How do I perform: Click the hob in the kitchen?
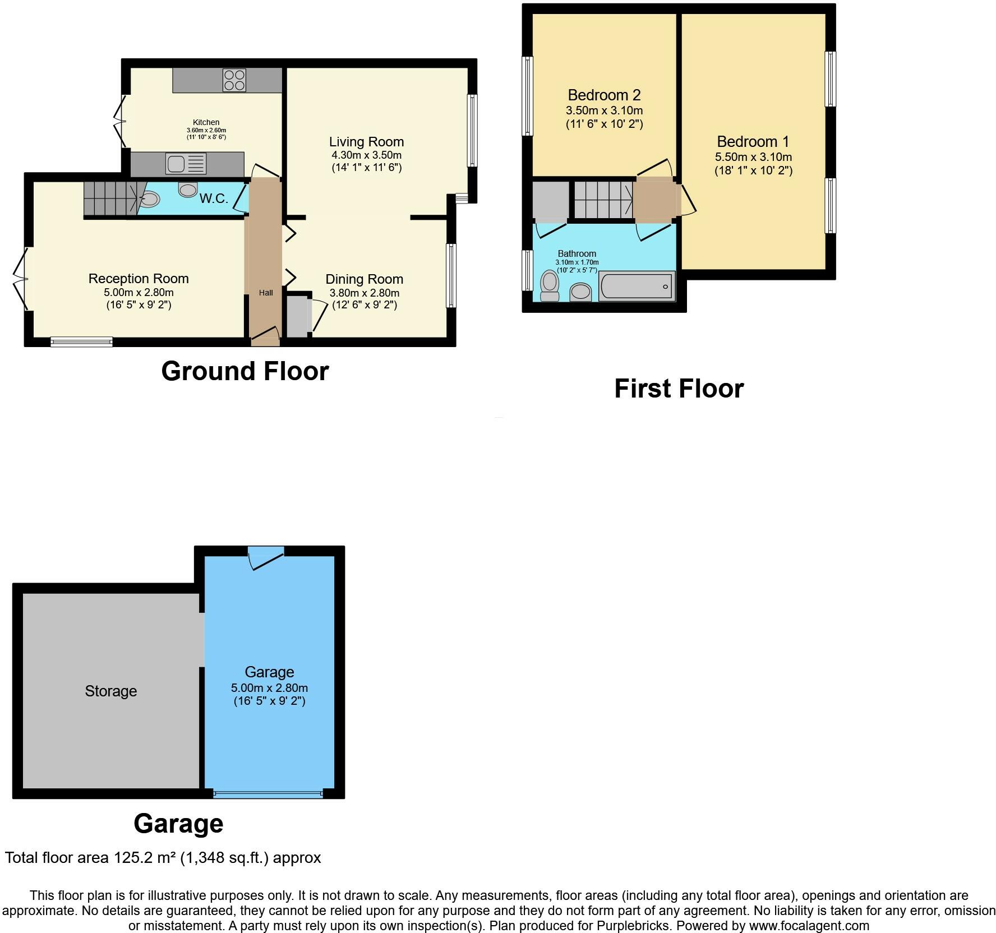234,80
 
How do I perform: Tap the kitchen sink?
186,164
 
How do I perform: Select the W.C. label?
214,198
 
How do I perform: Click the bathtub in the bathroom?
637,286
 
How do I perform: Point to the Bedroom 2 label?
604,95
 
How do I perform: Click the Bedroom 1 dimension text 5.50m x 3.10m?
753,157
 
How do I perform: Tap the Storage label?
111,691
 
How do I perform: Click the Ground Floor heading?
245,371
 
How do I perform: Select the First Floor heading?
679,389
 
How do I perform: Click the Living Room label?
366,142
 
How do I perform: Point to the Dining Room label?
365,279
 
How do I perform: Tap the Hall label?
266,293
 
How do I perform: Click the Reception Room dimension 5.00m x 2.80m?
139,292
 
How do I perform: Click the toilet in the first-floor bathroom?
550,286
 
